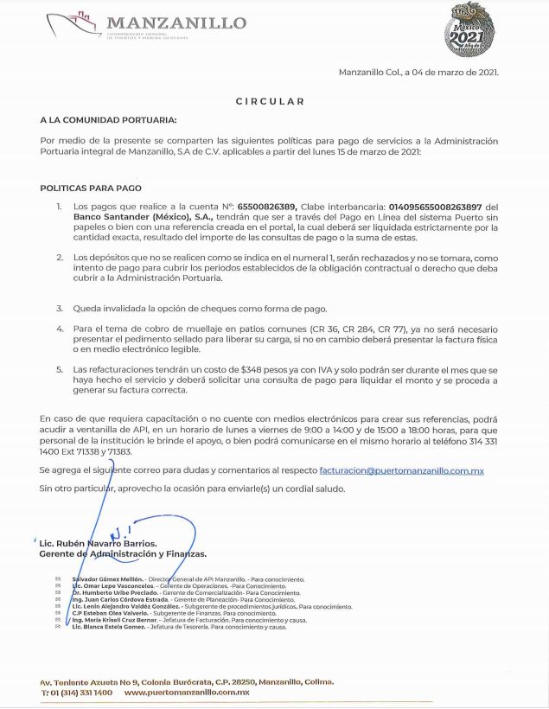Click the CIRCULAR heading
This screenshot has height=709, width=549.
[271, 101]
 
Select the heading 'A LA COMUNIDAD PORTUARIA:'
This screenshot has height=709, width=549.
[108, 119]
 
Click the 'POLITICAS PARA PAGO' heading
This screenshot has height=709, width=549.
[91, 188]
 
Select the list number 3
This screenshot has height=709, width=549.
[60, 308]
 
